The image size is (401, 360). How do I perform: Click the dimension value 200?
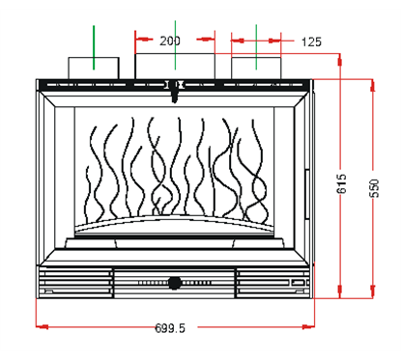[x=170, y=42]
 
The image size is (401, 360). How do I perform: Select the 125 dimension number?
[x=311, y=42]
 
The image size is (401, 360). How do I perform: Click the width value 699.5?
[x=170, y=326]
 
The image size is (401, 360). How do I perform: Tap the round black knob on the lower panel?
[x=175, y=283]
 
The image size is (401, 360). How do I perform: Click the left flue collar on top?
[x=94, y=68]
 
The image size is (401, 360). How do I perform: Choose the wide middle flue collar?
[x=175, y=67]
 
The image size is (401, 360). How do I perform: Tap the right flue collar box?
[x=256, y=68]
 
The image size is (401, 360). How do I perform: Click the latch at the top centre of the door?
[x=175, y=93]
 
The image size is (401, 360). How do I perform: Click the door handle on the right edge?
[x=307, y=182]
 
